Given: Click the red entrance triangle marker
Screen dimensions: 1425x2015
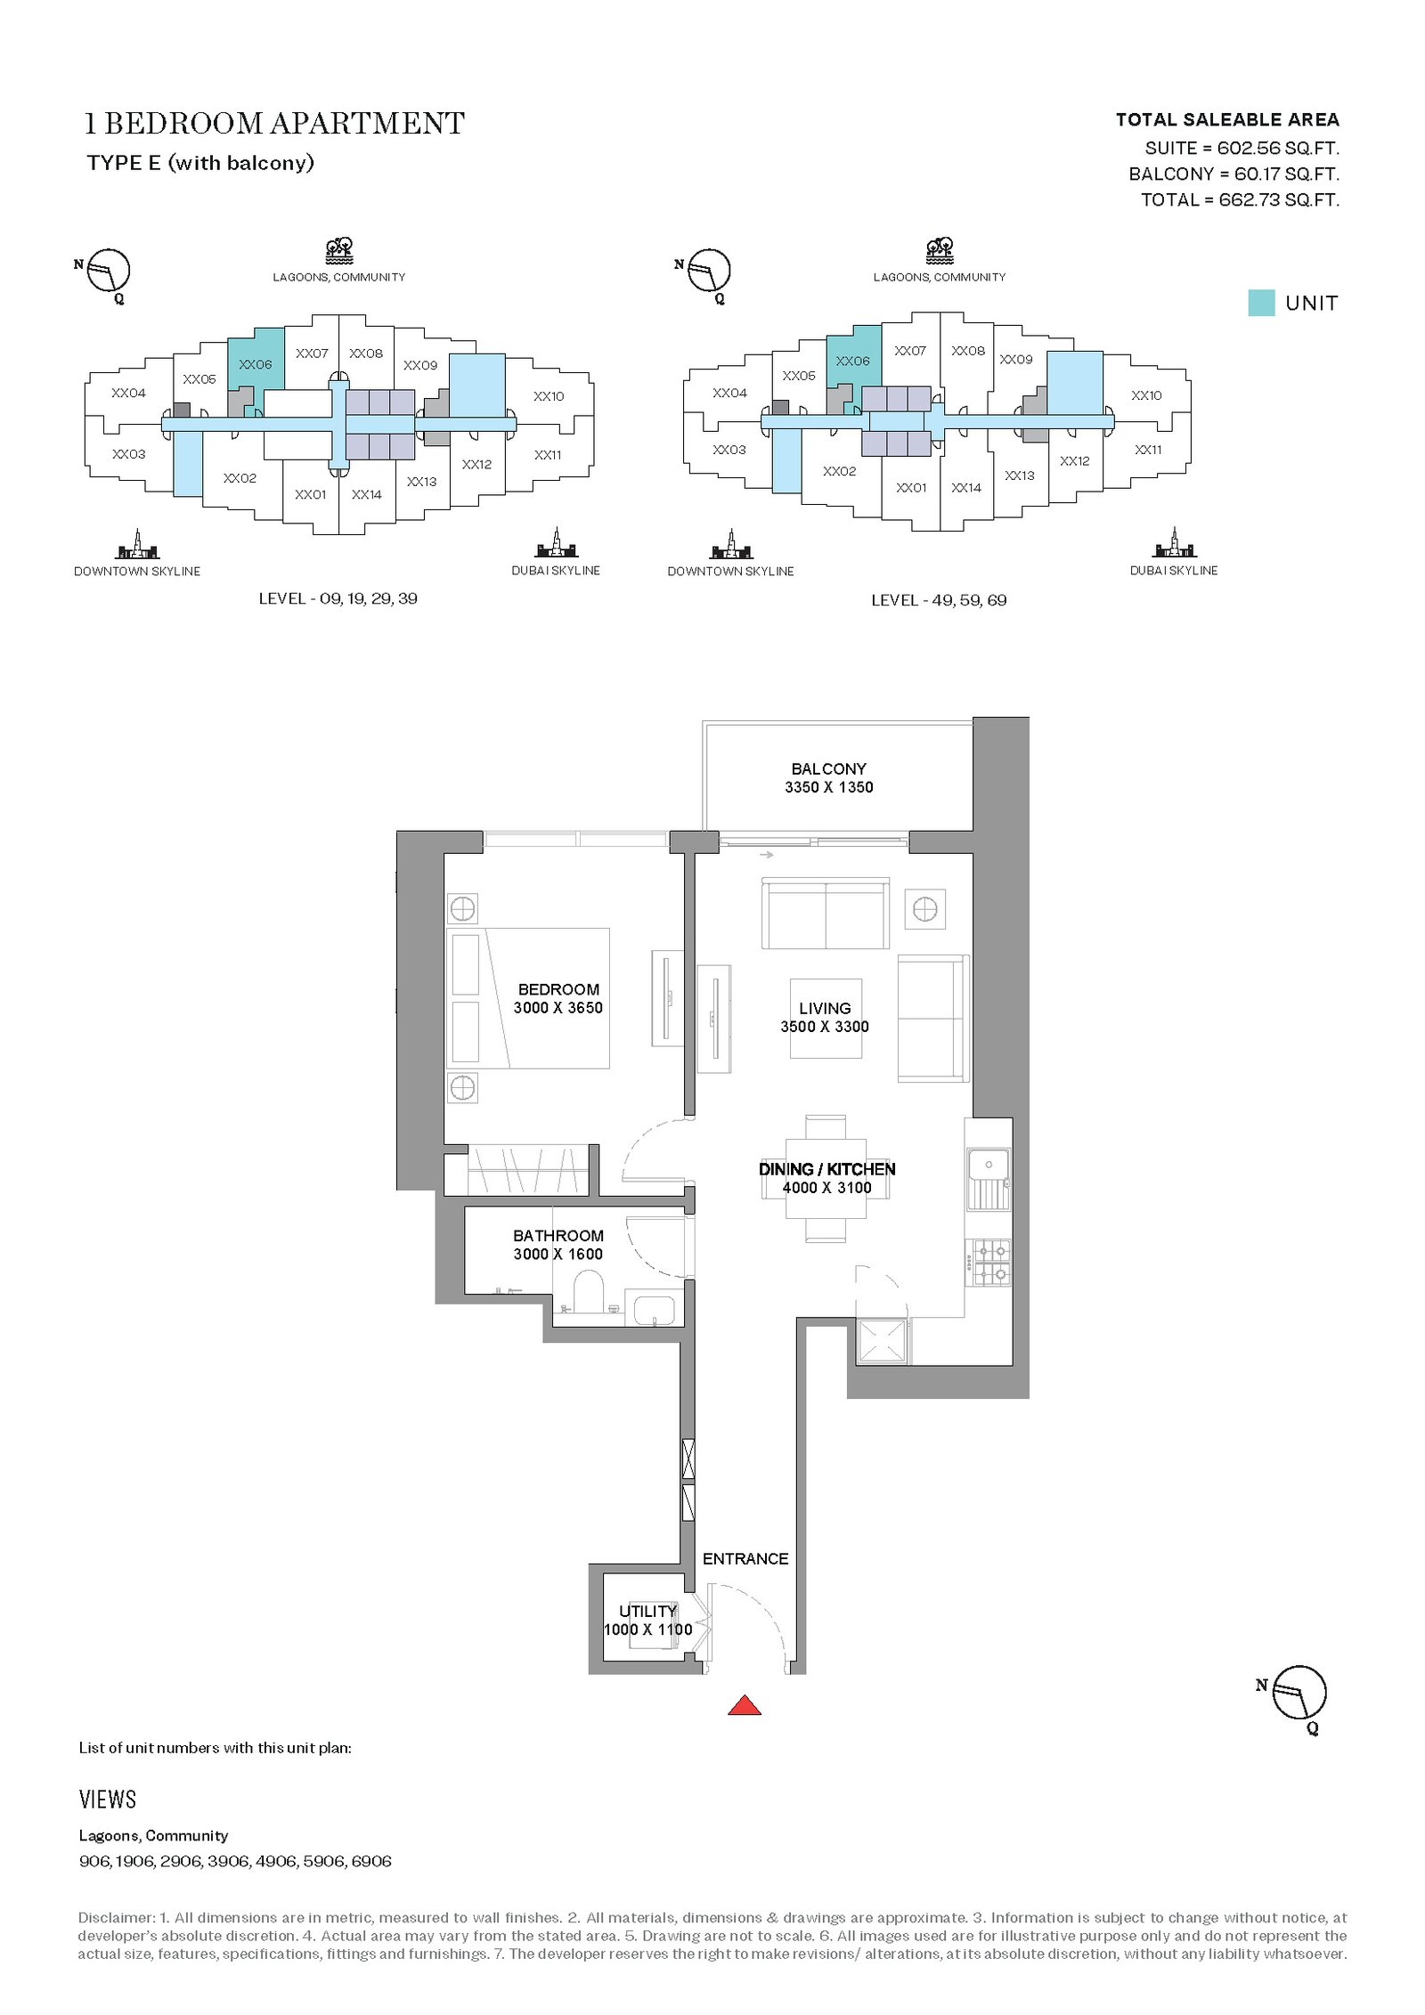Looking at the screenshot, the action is tap(745, 1704).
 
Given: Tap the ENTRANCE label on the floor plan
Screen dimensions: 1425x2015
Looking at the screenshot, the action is tap(745, 1558).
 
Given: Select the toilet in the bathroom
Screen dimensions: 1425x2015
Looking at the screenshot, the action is tap(588, 1292).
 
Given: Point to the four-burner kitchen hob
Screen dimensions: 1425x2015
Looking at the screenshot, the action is tap(989, 1263).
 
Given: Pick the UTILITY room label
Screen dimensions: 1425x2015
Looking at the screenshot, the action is tap(647, 1611).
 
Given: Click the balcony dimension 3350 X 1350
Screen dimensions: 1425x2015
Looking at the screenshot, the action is tap(828, 787).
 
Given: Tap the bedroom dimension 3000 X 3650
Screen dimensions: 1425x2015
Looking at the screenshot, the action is tap(558, 1008).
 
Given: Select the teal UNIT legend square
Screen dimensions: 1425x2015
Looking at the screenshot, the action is tap(1261, 303).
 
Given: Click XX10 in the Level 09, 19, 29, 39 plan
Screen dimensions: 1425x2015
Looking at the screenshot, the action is tap(549, 396).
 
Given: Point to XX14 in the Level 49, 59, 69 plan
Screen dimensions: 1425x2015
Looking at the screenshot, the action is tap(966, 488).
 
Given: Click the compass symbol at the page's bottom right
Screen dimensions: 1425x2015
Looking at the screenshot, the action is tap(1299, 1693).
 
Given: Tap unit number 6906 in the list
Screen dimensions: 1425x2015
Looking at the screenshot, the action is tap(371, 1861).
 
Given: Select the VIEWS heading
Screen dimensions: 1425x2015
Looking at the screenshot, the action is tap(108, 1800).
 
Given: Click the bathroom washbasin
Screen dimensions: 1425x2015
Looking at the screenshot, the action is tap(655, 1310).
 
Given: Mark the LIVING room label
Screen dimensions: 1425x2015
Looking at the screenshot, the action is tap(825, 1008).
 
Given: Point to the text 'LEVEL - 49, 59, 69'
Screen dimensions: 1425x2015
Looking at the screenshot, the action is tap(939, 600).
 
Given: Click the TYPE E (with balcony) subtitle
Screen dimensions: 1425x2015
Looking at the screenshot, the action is tap(200, 163).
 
